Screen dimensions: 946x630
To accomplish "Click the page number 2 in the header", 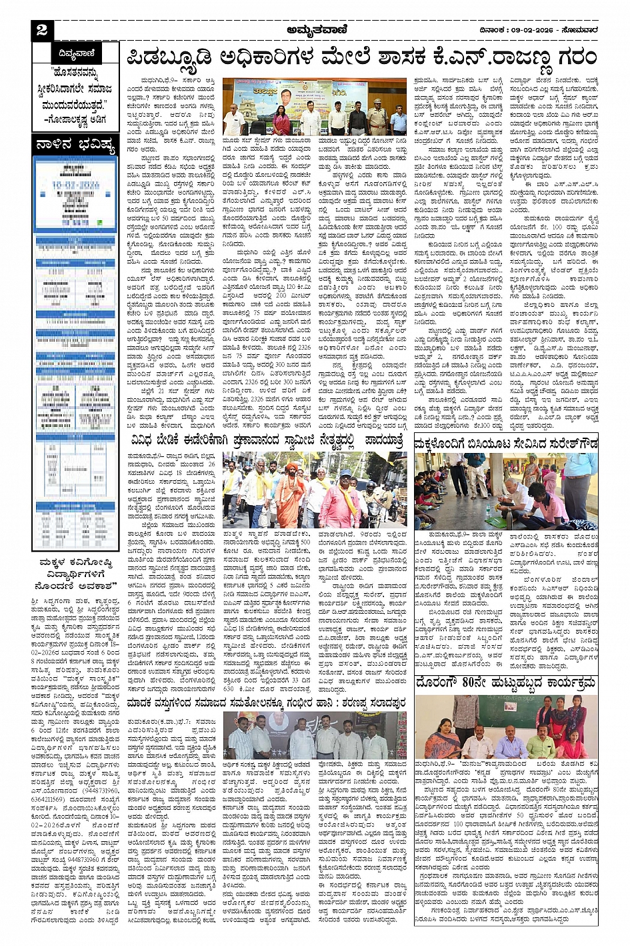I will pos(43,30).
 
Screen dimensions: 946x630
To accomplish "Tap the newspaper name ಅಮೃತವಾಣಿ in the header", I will pos(314,29).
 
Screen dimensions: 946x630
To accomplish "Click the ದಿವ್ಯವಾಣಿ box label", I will pos(77,53).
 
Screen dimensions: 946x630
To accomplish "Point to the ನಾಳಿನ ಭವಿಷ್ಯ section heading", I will pos(75,143).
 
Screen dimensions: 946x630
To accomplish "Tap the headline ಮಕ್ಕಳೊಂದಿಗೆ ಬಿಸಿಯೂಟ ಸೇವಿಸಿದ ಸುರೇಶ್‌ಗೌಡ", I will pos(505,444).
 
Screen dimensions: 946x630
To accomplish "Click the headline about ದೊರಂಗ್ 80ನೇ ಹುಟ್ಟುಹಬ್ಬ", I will pos(505,684).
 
